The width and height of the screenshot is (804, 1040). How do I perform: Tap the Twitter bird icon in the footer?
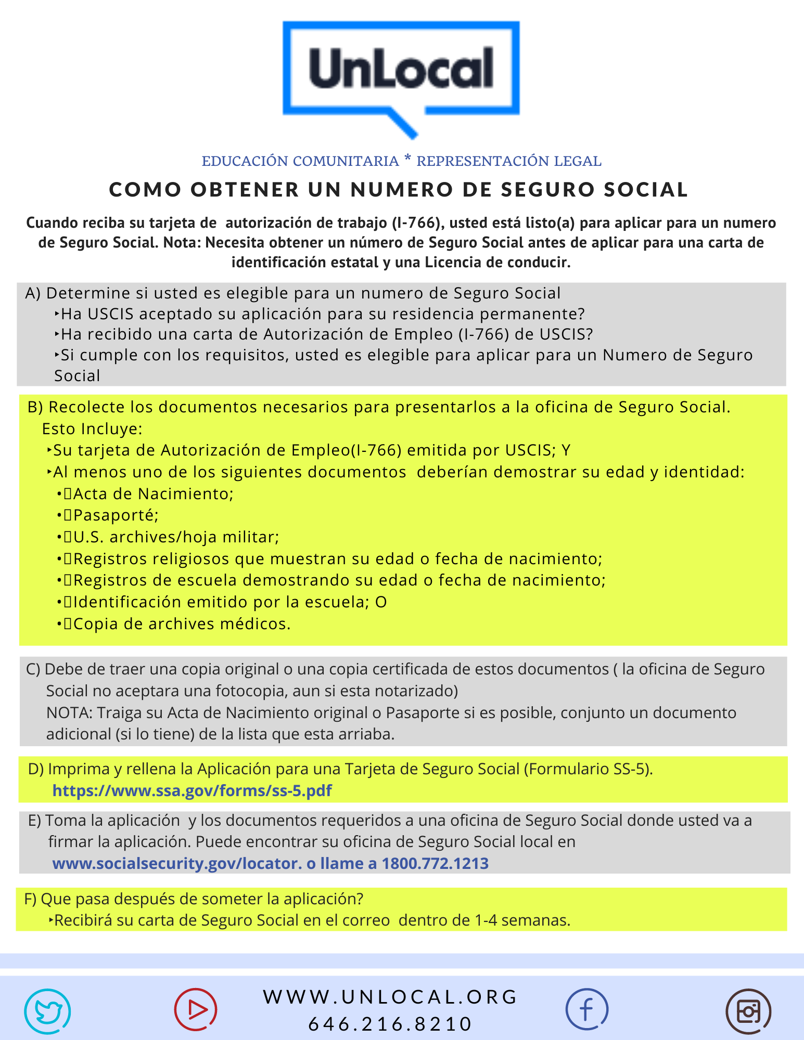pyautogui.click(x=47, y=1011)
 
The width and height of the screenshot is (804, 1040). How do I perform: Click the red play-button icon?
pyautogui.click(x=196, y=1009)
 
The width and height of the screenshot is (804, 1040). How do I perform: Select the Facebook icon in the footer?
pyautogui.click(x=586, y=1009)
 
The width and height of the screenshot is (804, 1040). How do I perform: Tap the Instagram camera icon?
pyautogui.click(x=748, y=1011)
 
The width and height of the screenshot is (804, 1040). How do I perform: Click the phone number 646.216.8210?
pyautogui.click(x=390, y=1024)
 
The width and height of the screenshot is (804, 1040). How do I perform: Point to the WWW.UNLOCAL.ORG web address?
pyautogui.click(x=390, y=997)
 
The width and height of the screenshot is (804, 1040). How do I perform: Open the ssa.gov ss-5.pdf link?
pyautogui.click(x=192, y=790)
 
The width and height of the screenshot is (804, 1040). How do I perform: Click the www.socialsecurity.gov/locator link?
pyautogui.click(x=177, y=863)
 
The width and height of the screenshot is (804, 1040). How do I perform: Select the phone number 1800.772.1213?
pyautogui.click(x=435, y=863)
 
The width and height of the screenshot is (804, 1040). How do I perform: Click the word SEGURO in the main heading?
pyautogui.click(x=547, y=190)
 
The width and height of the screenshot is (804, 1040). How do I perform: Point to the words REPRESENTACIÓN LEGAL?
pyautogui.click(x=509, y=161)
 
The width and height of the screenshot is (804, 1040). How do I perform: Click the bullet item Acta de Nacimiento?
pyautogui.click(x=154, y=493)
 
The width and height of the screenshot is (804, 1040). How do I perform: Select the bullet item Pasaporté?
pyautogui.click(x=116, y=515)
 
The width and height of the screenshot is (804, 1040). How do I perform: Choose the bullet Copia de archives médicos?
pyautogui.click(x=182, y=623)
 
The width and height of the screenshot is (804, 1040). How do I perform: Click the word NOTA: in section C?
pyautogui.click(x=69, y=712)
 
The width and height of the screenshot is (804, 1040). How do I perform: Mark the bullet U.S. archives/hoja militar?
pyautogui.click(x=176, y=537)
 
